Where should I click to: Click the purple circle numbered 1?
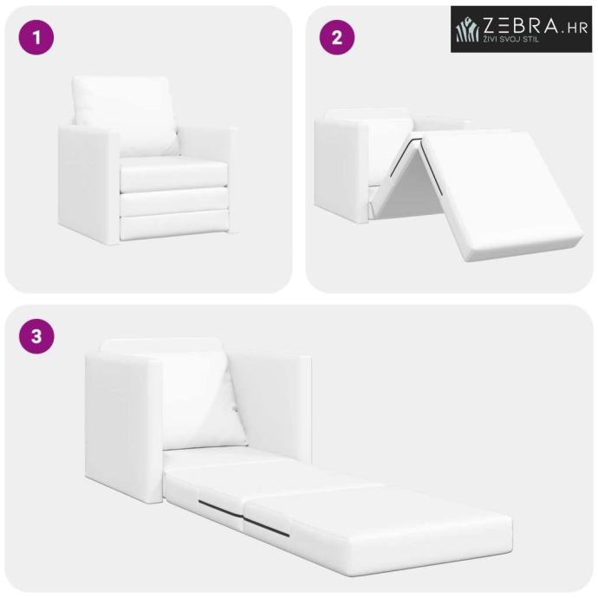point(36,37)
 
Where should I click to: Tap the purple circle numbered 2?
point(337,37)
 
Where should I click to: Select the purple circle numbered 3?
point(36,336)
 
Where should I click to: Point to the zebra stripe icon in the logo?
point(468,29)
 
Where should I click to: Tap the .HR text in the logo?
point(574,28)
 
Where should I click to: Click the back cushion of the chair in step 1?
point(124,114)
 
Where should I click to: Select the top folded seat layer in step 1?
point(173,173)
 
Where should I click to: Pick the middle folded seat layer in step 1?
point(173,202)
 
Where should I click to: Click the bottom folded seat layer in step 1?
point(174,227)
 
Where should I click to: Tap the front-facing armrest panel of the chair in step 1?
point(87,185)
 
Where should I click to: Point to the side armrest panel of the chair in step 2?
point(341,170)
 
